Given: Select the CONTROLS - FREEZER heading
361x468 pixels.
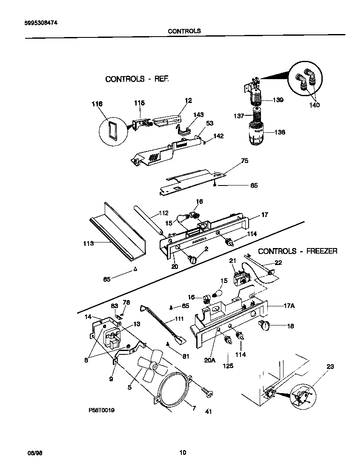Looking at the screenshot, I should (x=298, y=251).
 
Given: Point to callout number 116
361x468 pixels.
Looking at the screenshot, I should (x=97, y=104).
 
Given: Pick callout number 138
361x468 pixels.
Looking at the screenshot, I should (x=279, y=132).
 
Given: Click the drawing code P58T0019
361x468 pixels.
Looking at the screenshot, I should (x=101, y=411).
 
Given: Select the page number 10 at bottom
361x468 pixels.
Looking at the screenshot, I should (x=183, y=452).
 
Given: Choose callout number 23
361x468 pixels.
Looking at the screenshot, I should (x=330, y=365).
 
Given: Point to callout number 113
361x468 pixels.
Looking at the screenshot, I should (x=88, y=244).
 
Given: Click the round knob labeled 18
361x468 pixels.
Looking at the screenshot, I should (x=264, y=325).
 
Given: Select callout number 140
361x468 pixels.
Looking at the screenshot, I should (x=315, y=105).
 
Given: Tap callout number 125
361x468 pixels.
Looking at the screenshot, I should (x=228, y=365).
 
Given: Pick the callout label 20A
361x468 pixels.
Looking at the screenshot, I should (x=210, y=360).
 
